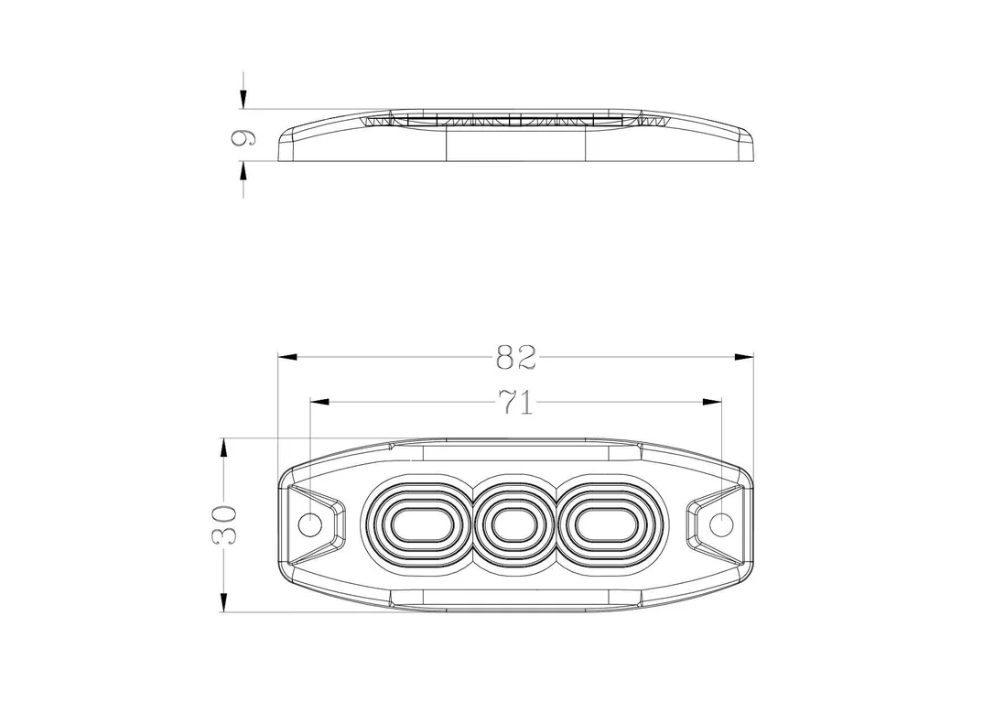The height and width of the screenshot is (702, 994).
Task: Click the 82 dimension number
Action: pyautogui.click(x=516, y=358)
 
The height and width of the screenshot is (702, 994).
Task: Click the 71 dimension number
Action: pyautogui.click(x=516, y=402)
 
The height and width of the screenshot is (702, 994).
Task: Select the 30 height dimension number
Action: pyautogui.click(x=223, y=524)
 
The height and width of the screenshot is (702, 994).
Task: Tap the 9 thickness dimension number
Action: pyautogui.click(x=243, y=138)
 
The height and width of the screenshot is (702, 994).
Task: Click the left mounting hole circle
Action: pyautogui.click(x=310, y=524)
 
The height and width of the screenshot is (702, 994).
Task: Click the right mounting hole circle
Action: pyautogui.click(x=720, y=524)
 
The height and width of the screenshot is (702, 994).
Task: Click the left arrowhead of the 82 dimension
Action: pyautogui.click(x=287, y=357)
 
